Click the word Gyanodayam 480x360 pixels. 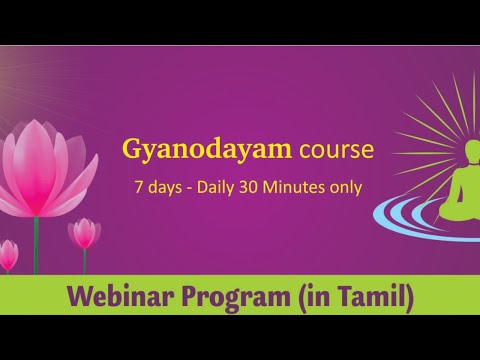207,150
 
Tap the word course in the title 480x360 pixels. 335,150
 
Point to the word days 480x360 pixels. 166,186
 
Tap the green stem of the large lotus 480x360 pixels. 37,245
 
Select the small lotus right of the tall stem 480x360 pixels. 84,233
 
